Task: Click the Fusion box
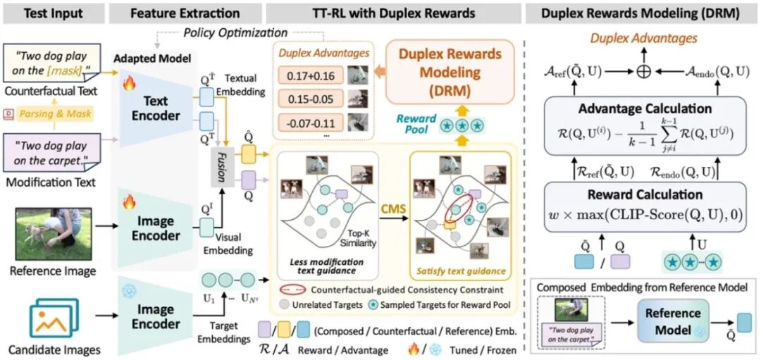tap(221, 166)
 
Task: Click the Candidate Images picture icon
tap(54, 316)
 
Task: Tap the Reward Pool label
tap(416, 124)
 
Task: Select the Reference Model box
tap(674, 321)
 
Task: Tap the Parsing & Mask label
tap(54, 113)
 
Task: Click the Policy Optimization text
tap(235, 32)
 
